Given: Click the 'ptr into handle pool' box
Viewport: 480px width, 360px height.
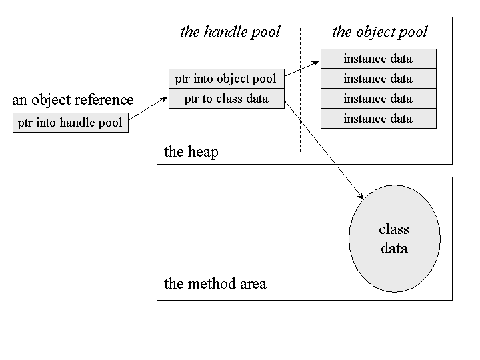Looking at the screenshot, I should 70,123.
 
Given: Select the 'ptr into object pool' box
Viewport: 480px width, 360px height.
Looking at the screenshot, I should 226,79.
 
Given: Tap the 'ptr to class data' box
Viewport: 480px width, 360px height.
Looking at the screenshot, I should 226,99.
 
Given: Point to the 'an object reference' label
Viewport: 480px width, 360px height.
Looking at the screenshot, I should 73,100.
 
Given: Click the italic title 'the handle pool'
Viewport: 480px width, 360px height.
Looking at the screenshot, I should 230,32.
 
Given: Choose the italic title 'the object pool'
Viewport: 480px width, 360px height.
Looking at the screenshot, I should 379,32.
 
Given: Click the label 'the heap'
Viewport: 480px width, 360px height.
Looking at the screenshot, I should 191,152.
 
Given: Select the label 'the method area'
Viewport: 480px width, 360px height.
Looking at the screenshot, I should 215,284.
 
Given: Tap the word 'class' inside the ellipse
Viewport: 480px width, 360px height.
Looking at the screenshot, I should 393,229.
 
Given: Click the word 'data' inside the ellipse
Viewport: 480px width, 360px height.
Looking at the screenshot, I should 393,249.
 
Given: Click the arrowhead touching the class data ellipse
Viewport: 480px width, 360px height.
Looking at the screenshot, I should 361,196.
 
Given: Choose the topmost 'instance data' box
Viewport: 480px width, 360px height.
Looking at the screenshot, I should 378,59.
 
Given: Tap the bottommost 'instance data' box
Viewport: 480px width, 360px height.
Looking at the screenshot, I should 378,119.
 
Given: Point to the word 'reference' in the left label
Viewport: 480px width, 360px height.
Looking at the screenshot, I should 105,100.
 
